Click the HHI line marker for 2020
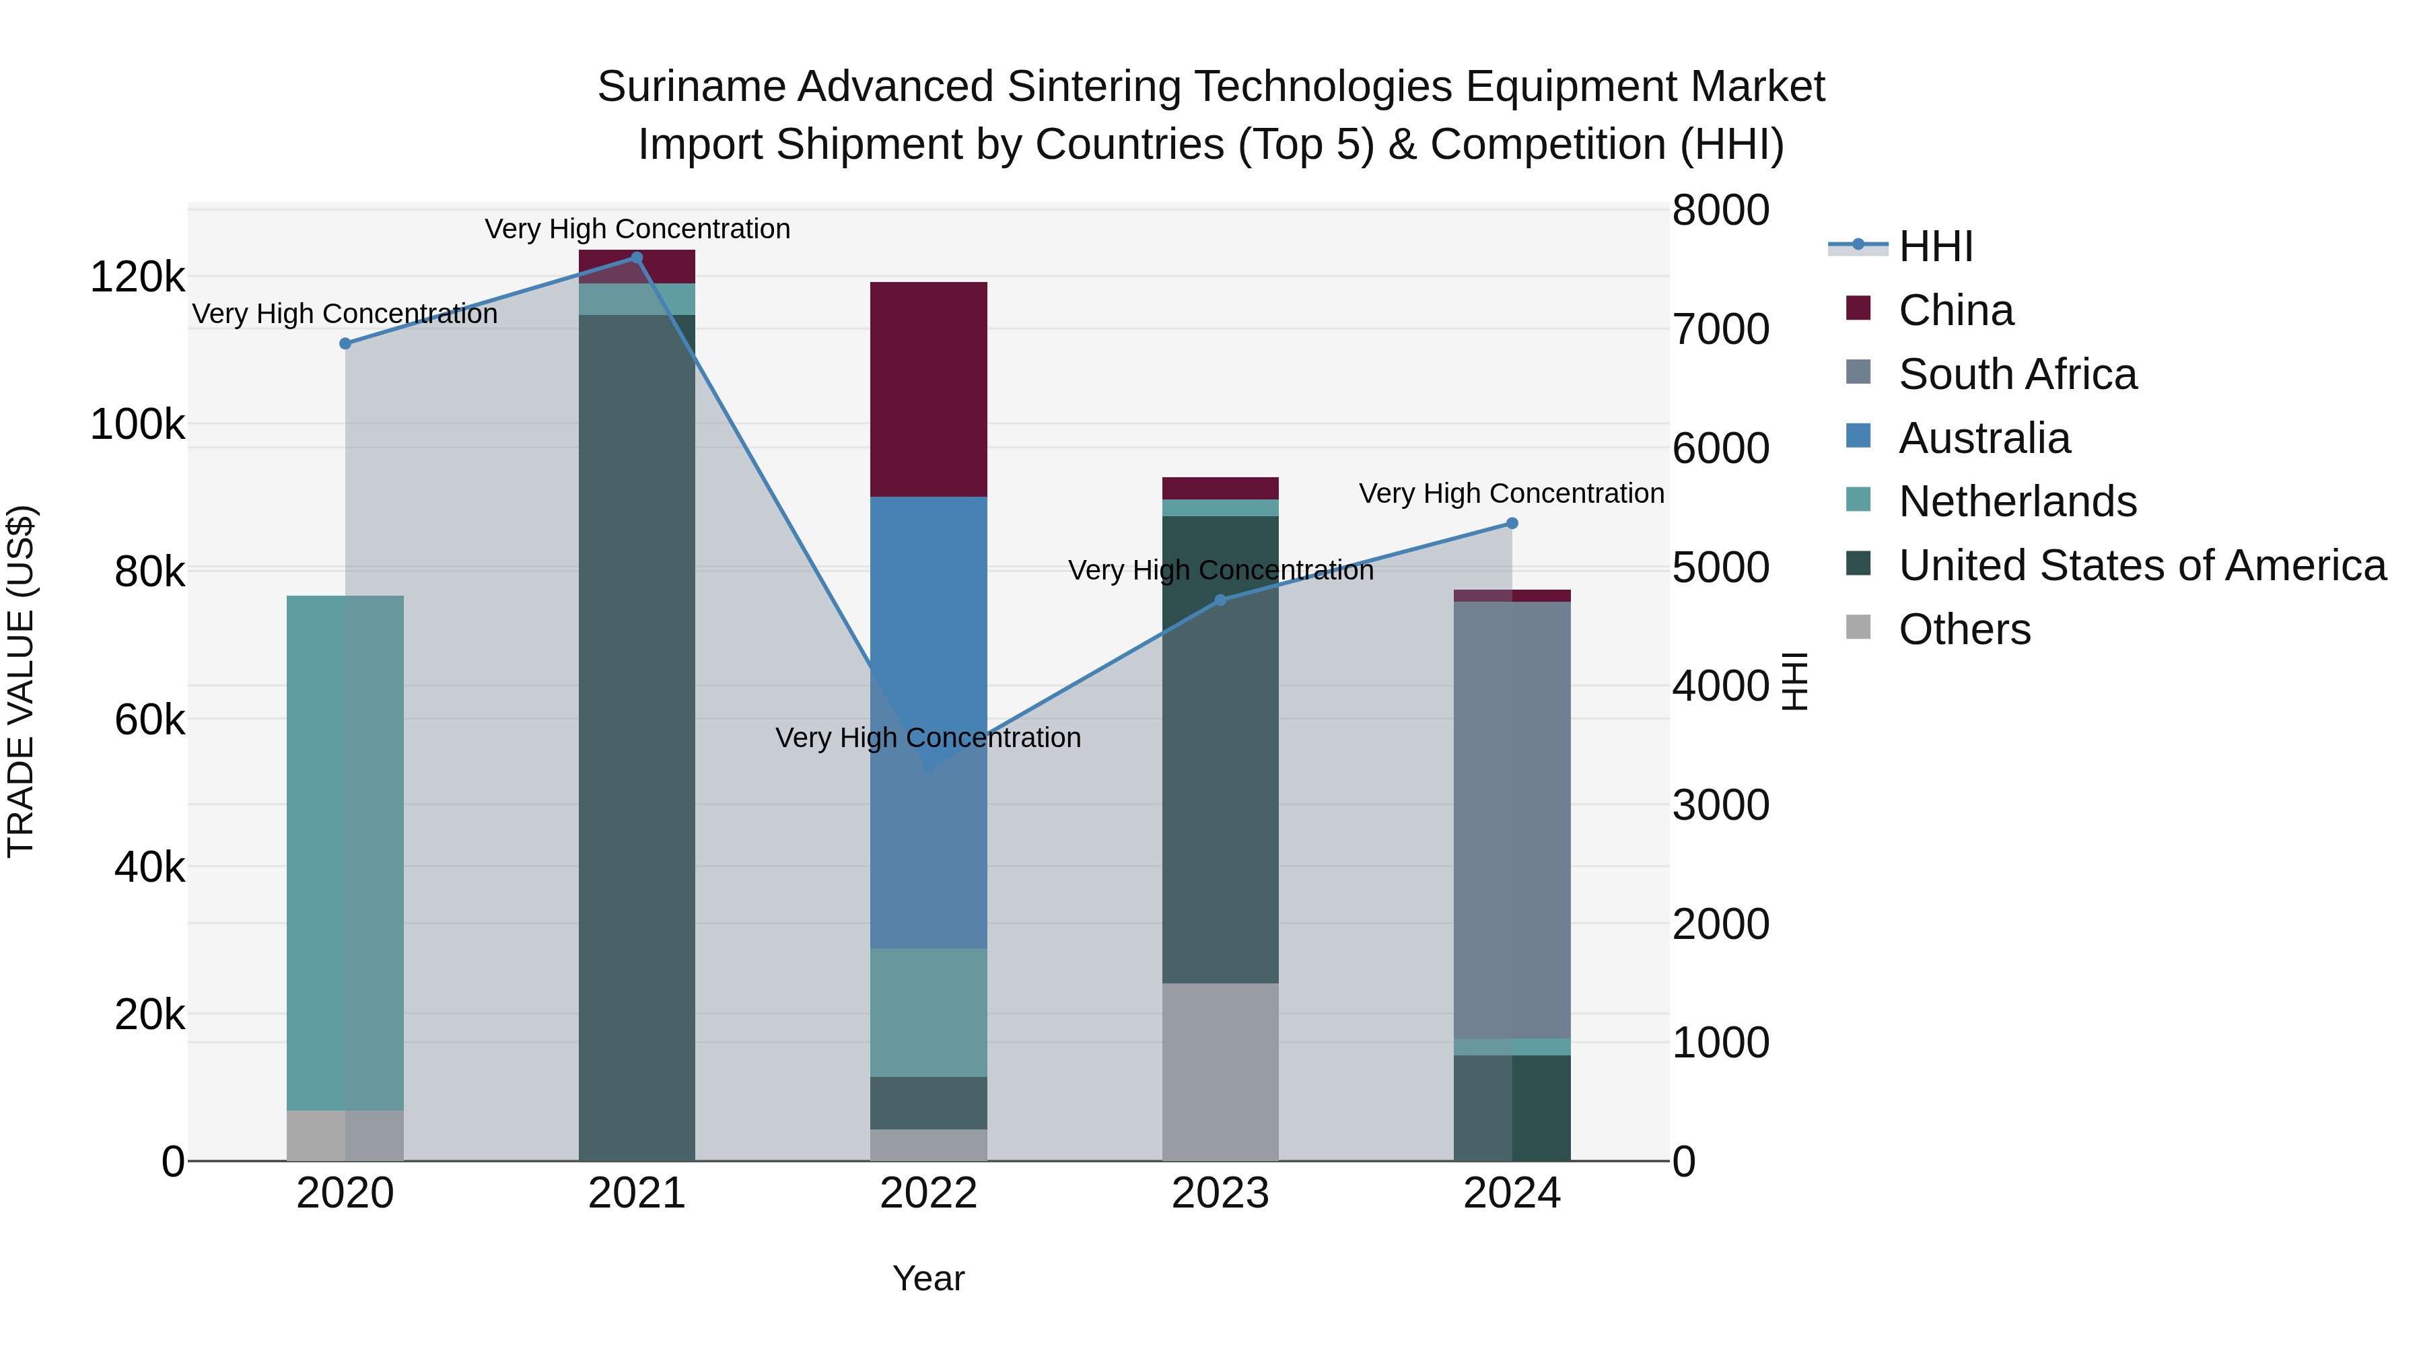click(345, 343)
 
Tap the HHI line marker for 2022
click(928, 767)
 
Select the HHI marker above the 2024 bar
click(1512, 523)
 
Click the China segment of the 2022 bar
click(928, 388)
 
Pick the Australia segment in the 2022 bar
click(928, 658)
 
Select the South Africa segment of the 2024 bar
click(1512, 818)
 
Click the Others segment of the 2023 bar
click(1220, 1072)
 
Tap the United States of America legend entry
click(2142, 565)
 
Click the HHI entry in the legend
click(1935, 246)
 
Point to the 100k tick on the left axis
click(137, 424)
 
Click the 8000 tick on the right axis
click(1720, 210)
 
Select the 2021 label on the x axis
click(637, 1193)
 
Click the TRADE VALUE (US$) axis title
click(21, 681)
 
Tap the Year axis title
click(928, 1278)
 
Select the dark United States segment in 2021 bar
click(637, 734)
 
